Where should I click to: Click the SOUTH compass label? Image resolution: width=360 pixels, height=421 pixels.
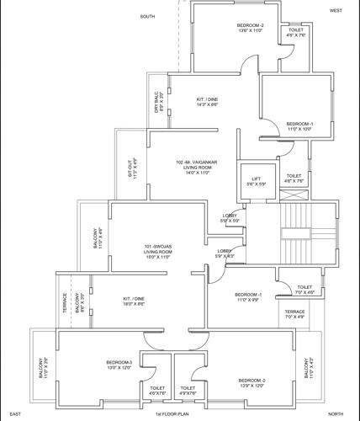(148, 17)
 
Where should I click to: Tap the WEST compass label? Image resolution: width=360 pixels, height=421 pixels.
(336, 10)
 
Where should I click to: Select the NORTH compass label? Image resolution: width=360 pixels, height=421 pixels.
(336, 414)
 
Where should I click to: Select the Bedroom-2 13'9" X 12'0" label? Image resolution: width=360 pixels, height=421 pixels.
(251, 383)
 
